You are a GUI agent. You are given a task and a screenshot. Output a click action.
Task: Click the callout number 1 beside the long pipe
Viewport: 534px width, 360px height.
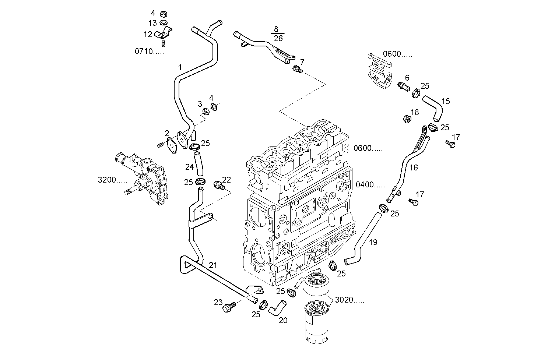tap(180, 67)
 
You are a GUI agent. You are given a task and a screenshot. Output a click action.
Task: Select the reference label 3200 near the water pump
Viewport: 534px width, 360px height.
tap(112, 180)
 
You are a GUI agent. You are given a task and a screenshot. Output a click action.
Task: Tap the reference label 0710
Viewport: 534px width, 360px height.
tap(149, 51)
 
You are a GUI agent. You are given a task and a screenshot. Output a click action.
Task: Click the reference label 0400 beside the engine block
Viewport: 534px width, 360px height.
tap(370, 185)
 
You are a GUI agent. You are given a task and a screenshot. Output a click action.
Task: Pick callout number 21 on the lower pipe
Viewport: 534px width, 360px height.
tap(213, 265)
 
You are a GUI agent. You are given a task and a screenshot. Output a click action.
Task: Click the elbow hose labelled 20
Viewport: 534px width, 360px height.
tap(277, 307)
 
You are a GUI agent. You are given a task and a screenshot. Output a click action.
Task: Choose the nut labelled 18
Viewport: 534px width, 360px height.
tap(407, 119)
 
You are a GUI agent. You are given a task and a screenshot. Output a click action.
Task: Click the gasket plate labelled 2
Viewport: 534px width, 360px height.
tap(172, 145)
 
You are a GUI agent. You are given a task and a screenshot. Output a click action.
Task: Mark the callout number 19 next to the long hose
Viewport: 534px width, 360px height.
tap(373, 242)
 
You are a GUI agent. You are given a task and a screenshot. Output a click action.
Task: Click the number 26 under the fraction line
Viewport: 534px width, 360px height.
tap(278, 38)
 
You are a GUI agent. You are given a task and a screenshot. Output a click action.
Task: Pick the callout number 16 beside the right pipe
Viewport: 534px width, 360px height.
tap(414, 167)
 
